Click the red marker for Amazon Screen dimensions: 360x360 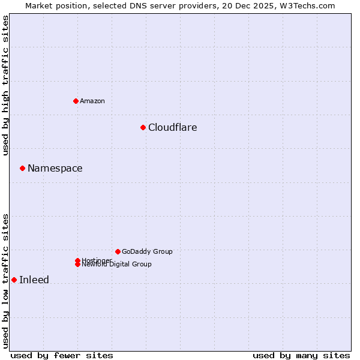click(76, 101)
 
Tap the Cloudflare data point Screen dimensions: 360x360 click(143, 127)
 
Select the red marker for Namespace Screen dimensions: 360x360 click(22, 168)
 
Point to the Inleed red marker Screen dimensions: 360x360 click(14, 280)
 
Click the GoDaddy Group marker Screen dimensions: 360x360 click(118, 251)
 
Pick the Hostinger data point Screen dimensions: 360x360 click(77, 260)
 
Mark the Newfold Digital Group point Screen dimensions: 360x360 click(77, 265)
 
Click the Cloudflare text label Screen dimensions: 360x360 click(173, 127)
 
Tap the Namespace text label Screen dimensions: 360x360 click(55, 168)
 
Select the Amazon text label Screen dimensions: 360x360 click(92, 101)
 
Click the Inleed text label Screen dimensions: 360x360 click(34, 280)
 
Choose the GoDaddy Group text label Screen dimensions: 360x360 click(147, 251)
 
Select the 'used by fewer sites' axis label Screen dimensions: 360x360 click(62, 355)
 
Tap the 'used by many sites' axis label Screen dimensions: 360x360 click(301, 355)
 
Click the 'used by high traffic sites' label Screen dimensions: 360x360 click(5, 85)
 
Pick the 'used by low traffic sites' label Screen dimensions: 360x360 click(5, 280)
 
